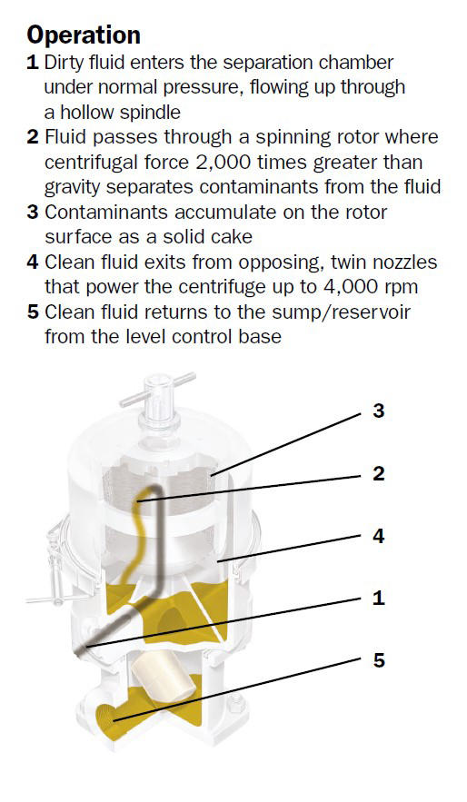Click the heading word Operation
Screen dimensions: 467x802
(x=84, y=35)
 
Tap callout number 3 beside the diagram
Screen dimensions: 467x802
(x=378, y=411)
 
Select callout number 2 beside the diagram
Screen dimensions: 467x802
(x=378, y=473)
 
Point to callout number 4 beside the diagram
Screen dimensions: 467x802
(x=378, y=536)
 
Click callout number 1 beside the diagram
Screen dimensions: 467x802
(x=378, y=598)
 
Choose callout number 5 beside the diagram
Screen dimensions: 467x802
(x=378, y=660)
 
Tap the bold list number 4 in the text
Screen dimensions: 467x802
(x=33, y=262)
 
